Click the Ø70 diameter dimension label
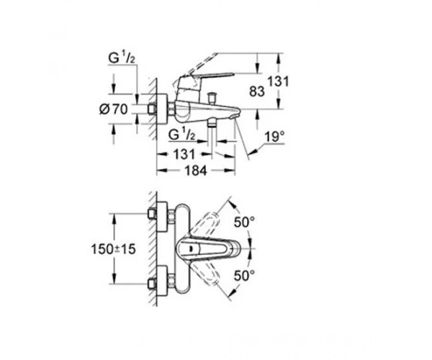click(x=114, y=109)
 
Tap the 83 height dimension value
click(x=257, y=91)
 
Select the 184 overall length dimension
click(x=195, y=171)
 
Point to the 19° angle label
click(x=274, y=137)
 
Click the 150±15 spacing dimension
click(x=114, y=249)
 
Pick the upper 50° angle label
click(x=244, y=222)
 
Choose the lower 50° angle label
click(x=244, y=276)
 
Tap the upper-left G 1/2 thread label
click(x=122, y=58)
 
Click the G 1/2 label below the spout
click(x=182, y=135)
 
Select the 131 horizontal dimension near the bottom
click(x=184, y=154)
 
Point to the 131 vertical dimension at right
click(x=278, y=81)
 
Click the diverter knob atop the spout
click(x=212, y=97)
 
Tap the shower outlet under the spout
click(x=212, y=123)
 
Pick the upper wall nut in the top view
click(x=152, y=214)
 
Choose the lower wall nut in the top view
click(x=152, y=284)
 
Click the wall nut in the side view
click(x=152, y=109)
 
